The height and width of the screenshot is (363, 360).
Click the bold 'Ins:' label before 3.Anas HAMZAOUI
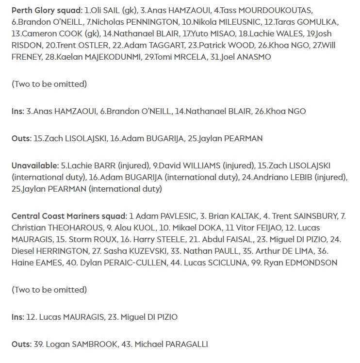point(18,111)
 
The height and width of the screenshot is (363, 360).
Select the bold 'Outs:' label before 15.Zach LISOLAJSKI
point(21,138)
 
